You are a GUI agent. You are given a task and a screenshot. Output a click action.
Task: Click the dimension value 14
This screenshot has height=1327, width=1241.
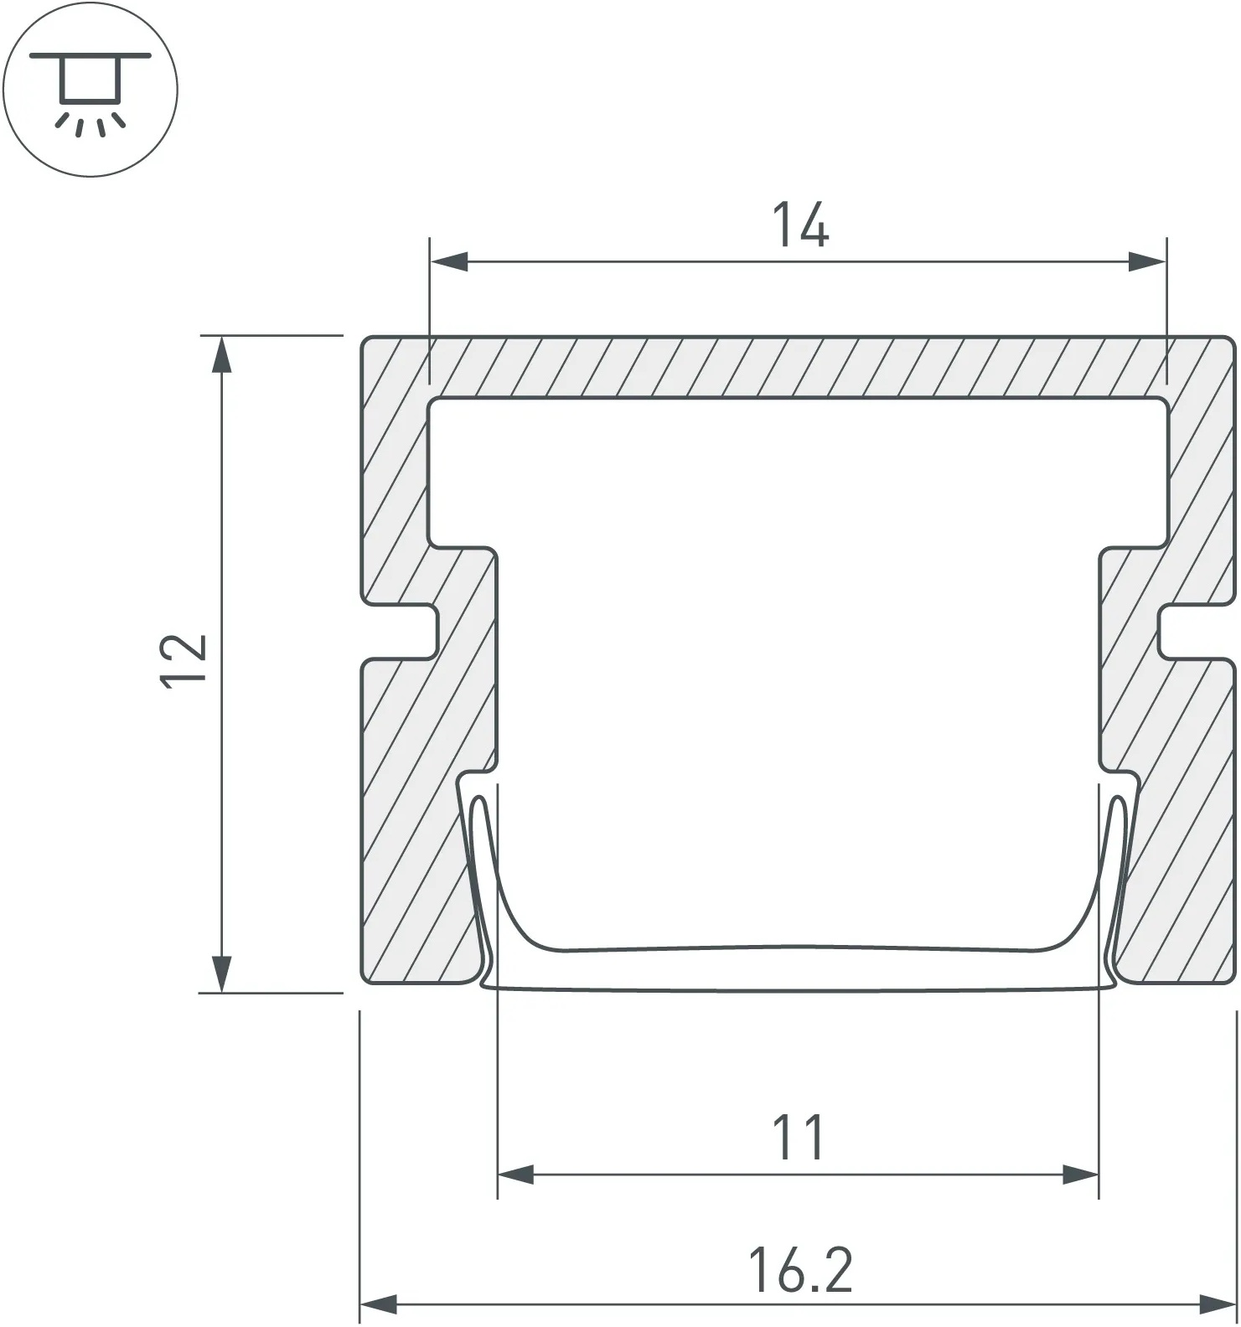click(800, 225)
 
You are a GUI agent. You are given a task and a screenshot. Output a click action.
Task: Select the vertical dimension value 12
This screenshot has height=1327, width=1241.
click(184, 662)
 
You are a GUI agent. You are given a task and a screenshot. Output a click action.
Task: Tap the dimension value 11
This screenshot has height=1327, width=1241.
click(798, 1137)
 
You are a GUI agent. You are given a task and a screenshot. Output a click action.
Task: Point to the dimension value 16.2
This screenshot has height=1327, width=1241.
click(800, 1269)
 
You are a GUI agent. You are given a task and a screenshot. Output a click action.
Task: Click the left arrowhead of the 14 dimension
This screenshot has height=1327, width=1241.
click(449, 261)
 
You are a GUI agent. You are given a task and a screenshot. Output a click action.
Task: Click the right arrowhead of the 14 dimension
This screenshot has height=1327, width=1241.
click(1147, 261)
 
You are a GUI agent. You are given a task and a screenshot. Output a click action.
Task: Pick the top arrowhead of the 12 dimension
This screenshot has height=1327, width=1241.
click(221, 354)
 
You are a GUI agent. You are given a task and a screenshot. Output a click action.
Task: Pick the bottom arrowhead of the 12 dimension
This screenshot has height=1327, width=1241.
click(221, 973)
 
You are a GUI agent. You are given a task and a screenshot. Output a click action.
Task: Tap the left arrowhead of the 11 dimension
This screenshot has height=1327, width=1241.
click(516, 1175)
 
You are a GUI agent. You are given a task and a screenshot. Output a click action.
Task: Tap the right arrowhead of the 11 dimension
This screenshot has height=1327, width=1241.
click(1080, 1175)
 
